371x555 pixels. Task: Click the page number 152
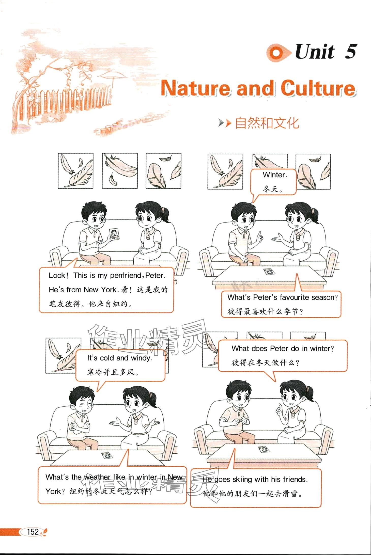pyautogui.click(x=33, y=532)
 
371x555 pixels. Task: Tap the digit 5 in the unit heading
pyautogui.click(x=351, y=52)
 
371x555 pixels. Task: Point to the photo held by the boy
pyautogui.click(x=115, y=234)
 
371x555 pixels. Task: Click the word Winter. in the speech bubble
pyautogui.click(x=275, y=175)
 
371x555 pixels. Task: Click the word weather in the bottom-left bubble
pyautogui.click(x=97, y=477)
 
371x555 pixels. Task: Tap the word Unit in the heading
pyautogui.click(x=315, y=52)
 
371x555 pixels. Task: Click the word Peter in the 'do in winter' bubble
pyautogui.click(x=280, y=348)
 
